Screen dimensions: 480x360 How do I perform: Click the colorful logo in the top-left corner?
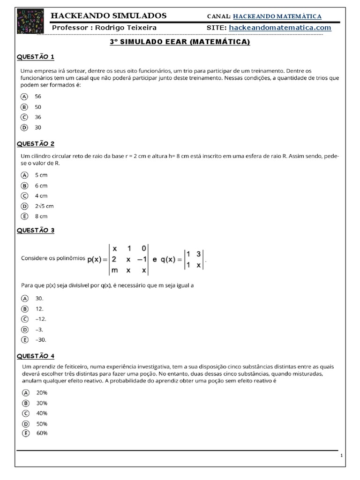(x=27, y=21)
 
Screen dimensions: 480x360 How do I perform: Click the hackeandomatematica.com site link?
(x=280, y=28)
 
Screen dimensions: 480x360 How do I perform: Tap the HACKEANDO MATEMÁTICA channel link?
(x=277, y=16)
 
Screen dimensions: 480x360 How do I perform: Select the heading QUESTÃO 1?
(x=36, y=57)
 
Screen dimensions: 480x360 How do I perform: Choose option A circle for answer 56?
(x=25, y=96)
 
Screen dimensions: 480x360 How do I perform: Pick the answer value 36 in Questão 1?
(x=38, y=117)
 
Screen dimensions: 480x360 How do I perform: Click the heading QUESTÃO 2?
(x=36, y=143)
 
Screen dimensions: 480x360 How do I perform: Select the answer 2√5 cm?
(x=44, y=206)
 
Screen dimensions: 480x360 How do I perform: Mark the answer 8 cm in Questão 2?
(x=41, y=216)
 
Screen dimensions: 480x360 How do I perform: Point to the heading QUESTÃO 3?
(x=36, y=230)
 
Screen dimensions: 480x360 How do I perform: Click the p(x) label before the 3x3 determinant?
(x=97, y=259)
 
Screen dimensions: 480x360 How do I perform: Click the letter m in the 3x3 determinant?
(x=115, y=270)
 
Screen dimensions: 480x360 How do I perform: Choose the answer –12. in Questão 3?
(x=40, y=319)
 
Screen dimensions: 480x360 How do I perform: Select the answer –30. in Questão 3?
(x=40, y=339)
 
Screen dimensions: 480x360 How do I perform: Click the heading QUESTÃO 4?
(x=36, y=356)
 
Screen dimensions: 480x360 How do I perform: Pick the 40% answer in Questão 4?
(x=42, y=413)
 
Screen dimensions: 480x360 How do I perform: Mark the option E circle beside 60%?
(x=25, y=433)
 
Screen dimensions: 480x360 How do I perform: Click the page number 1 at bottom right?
(x=342, y=456)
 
